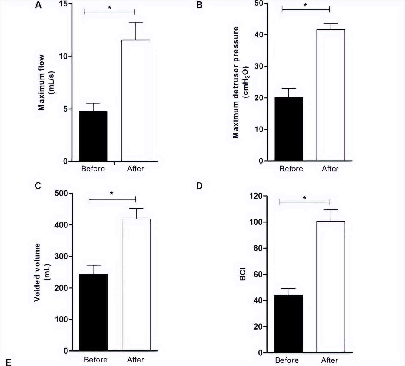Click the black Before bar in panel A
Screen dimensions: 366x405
93,136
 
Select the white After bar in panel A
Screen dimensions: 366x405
136,101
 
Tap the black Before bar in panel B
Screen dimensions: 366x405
288,129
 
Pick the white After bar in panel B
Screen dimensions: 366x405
331,95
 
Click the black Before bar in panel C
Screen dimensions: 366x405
94,312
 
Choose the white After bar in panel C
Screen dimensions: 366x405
136,285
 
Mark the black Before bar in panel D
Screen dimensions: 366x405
288,324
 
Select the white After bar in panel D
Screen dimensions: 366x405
331,287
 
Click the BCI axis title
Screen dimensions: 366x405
243,274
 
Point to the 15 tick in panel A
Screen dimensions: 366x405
63,4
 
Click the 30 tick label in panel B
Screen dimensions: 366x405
259,66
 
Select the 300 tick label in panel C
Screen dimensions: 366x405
61,256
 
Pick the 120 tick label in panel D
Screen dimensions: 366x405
256,196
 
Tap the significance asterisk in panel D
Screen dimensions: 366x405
305,198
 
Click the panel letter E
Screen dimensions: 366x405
9,362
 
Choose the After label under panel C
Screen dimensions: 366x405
135,360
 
